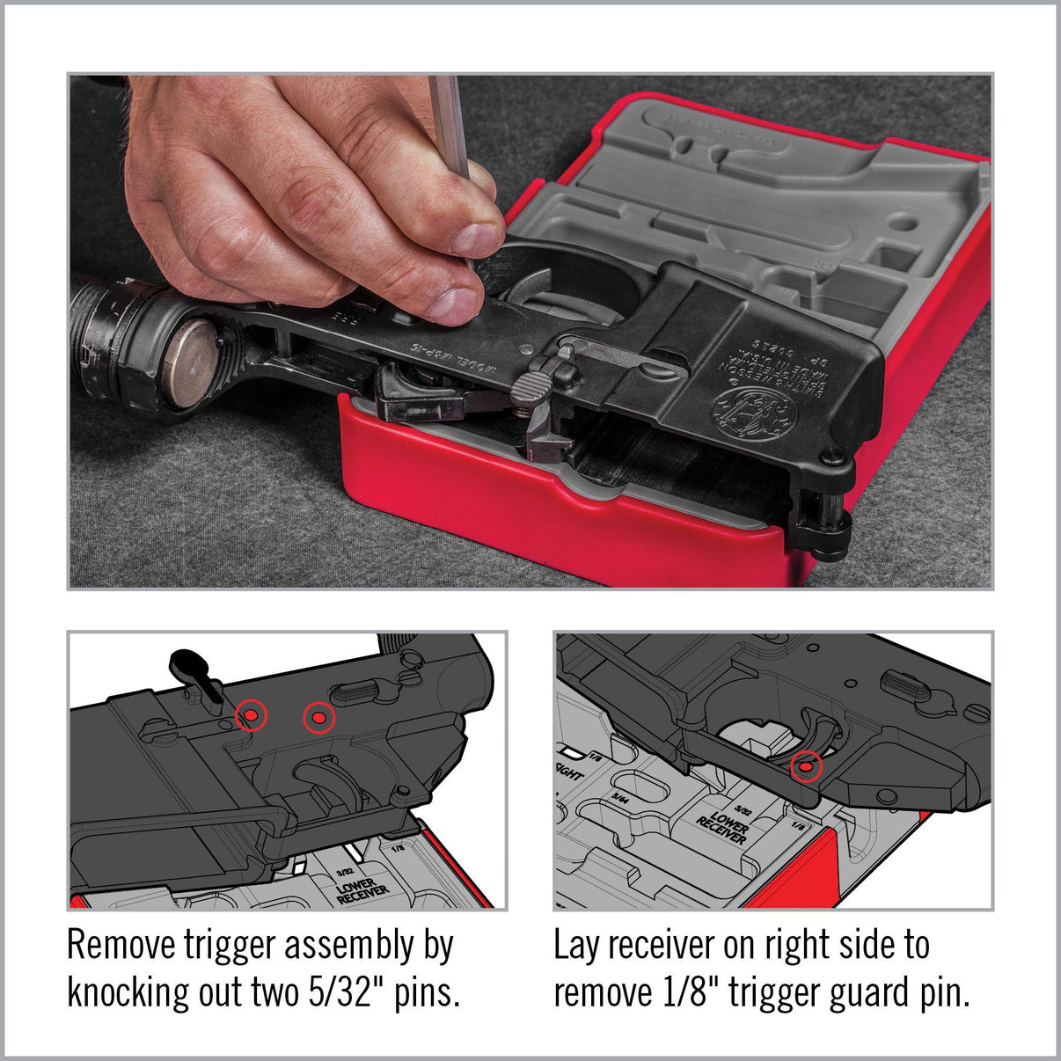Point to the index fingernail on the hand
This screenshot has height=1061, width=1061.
[x=477, y=238]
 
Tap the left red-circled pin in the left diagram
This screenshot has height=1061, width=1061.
[x=251, y=716]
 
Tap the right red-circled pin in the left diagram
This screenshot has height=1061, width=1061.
[x=318, y=719]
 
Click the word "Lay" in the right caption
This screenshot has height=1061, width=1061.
[x=576, y=946]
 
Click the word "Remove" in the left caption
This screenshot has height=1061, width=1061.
[x=121, y=946]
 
